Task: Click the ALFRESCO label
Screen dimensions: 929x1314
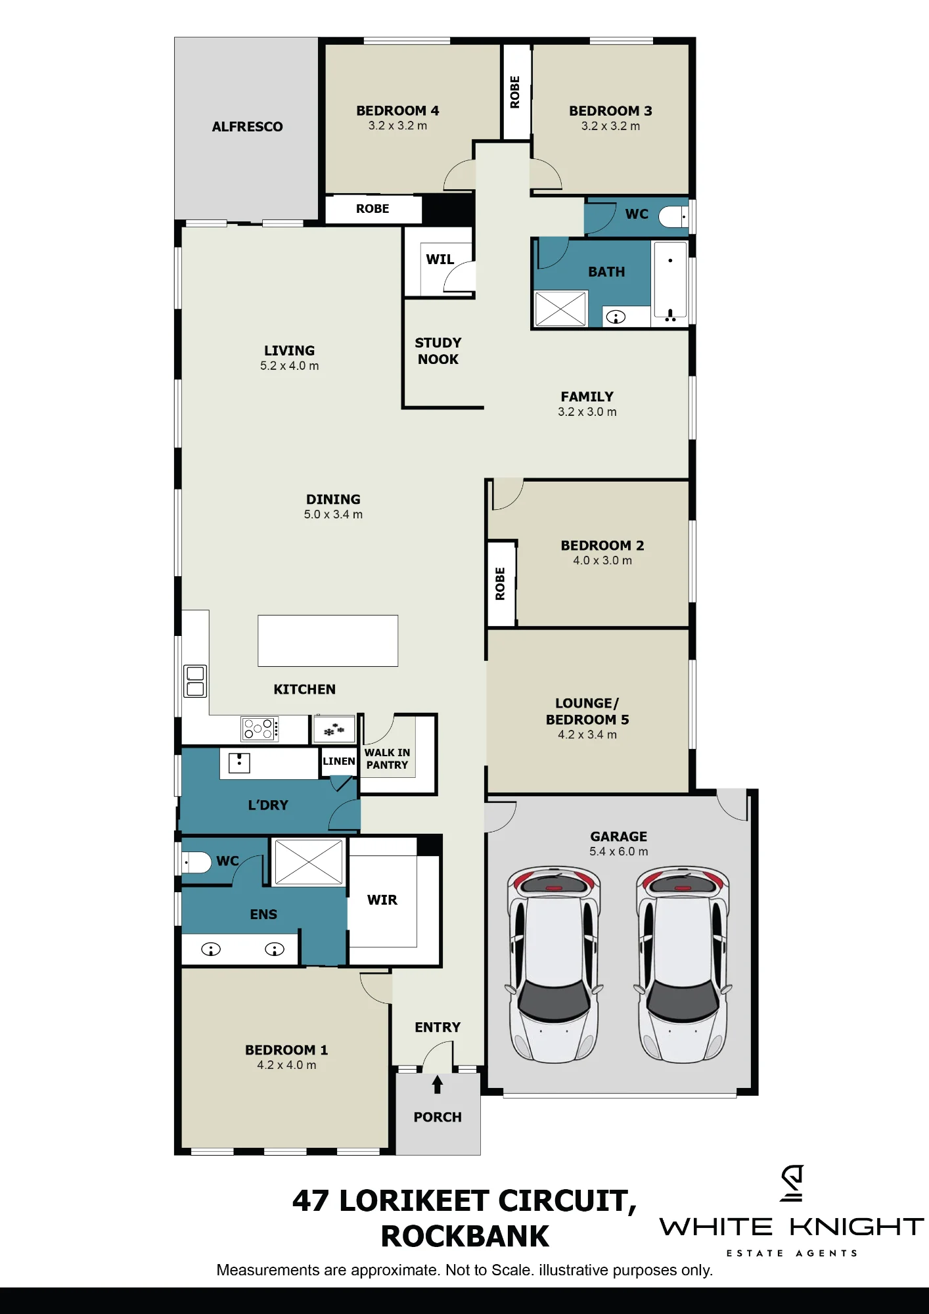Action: (x=247, y=127)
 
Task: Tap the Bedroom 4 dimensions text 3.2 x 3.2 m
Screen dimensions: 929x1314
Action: (x=397, y=125)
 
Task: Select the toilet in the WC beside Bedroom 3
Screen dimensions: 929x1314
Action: (x=673, y=216)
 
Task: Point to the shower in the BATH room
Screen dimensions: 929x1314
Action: (x=560, y=308)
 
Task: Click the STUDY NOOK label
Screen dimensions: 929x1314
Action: (x=438, y=351)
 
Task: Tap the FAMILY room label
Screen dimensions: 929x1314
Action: (x=587, y=397)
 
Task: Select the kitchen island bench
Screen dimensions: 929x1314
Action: (x=328, y=641)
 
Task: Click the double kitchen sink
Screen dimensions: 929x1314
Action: (x=195, y=681)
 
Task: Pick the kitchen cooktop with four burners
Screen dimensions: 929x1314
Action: (x=260, y=729)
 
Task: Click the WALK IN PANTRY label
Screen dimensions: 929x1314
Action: (x=387, y=759)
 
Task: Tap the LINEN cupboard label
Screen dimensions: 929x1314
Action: (x=339, y=761)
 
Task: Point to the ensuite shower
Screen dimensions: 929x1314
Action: (x=309, y=862)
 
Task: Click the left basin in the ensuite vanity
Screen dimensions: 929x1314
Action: (x=211, y=949)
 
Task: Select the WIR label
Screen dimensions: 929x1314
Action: (x=382, y=900)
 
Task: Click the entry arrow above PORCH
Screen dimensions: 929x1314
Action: (x=438, y=1084)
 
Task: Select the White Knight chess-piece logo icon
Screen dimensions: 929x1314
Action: (x=792, y=1183)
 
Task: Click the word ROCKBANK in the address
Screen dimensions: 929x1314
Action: (x=464, y=1236)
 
